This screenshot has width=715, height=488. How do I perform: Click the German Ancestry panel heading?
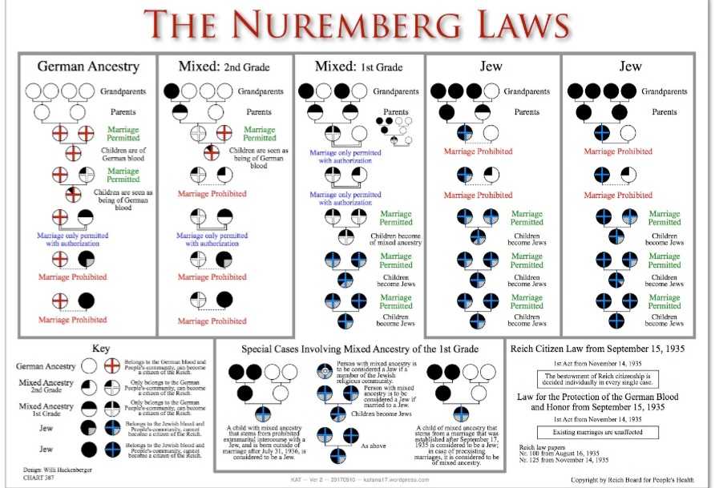pos(88,67)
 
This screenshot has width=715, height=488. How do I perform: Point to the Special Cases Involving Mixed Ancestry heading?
pos(360,349)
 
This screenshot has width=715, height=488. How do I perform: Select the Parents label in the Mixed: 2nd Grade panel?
pos(258,111)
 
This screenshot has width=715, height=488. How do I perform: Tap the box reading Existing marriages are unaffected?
pos(595,431)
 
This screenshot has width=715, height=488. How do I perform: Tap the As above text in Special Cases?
pos(374,446)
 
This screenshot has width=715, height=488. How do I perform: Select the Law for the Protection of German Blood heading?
pos(602,397)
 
